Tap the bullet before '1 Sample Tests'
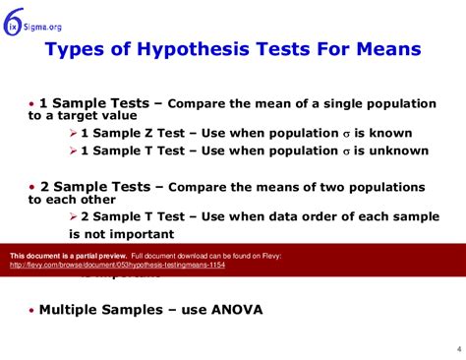pos(31,102)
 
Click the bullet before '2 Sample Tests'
pos(31,186)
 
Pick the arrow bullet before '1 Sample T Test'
pos(74,150)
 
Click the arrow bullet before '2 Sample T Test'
pos(74,216)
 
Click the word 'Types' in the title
pos(76,48)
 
